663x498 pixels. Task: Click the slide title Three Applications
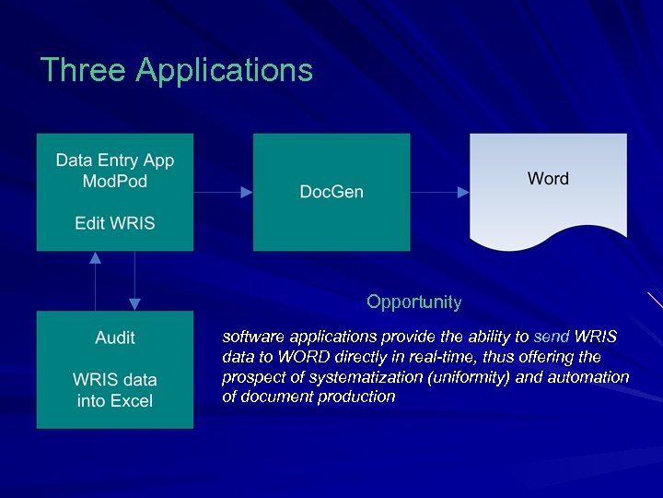(177, 70)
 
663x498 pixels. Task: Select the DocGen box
(331, 192)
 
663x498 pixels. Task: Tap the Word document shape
(548, 189)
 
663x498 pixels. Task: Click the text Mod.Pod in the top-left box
(114, 181)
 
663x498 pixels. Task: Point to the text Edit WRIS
(114, 222)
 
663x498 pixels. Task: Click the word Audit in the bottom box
(114, 338)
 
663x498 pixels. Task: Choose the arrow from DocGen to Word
(439, 192)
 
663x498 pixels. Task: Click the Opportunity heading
(413, 302)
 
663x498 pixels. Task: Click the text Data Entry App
(114, 160)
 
